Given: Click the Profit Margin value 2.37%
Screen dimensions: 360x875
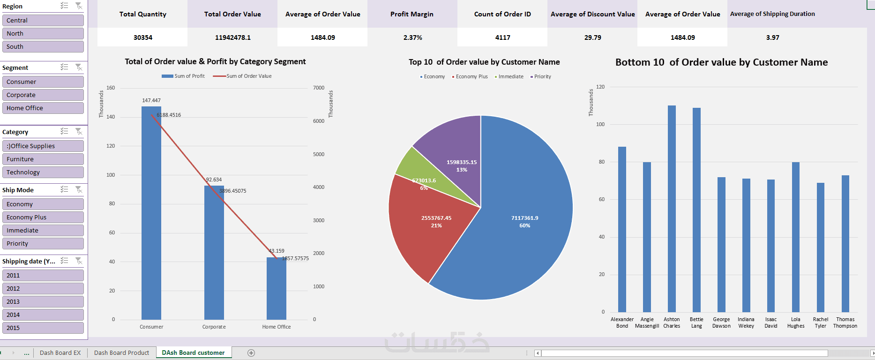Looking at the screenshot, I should coord(412,37).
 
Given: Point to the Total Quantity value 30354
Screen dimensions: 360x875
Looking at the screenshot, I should coord(142,37).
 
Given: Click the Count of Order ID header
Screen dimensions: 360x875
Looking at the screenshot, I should coord(502,14).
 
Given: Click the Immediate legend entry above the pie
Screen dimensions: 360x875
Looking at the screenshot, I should coord(510,76).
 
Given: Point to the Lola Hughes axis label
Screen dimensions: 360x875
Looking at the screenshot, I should coord(796,322).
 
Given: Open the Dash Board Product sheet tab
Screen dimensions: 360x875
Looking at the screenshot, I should coord(121,352).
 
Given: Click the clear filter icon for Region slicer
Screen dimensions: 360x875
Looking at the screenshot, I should coord(79,6).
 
